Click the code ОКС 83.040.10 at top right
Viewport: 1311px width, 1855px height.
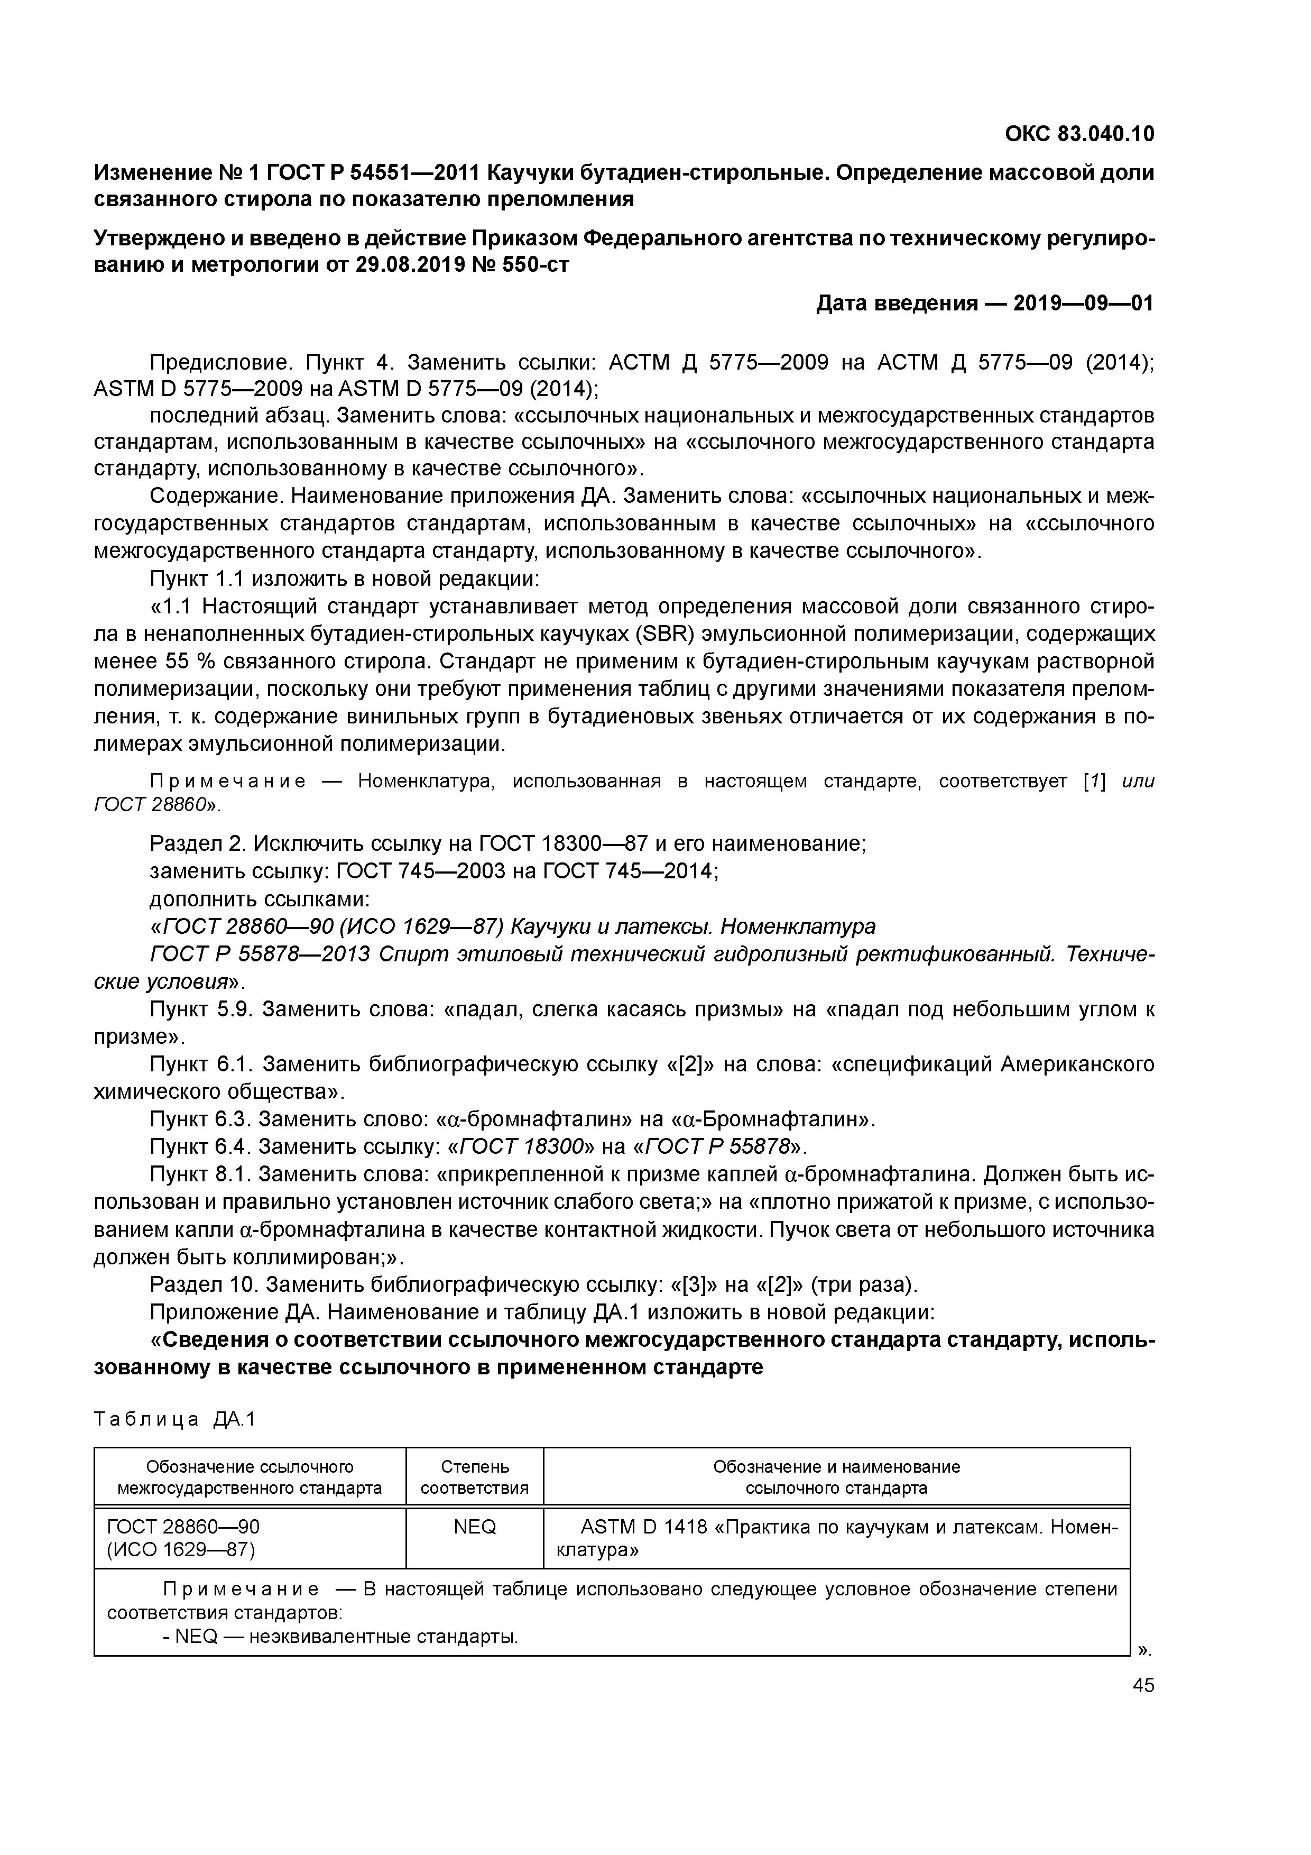(x=1079, y=133)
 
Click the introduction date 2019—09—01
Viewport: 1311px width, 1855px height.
(x=1083, y=303)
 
